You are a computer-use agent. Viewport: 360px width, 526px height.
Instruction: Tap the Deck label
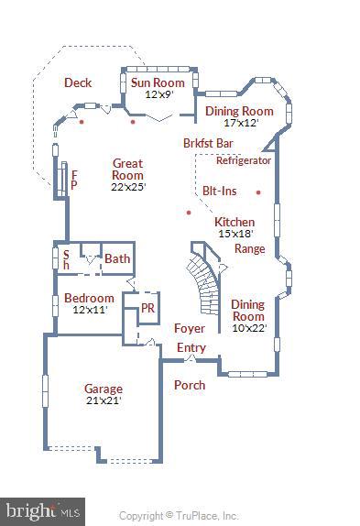78,82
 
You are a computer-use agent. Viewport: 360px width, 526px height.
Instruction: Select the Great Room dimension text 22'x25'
127,187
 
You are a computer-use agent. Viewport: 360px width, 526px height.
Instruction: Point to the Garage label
103,389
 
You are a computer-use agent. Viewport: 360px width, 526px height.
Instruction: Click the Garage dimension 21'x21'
103,400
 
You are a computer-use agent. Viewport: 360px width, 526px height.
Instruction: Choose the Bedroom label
89,298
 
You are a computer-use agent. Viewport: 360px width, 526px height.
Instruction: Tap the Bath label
117,259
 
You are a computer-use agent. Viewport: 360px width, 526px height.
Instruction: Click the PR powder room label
147,309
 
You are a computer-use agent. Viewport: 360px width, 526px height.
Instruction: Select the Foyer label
189,328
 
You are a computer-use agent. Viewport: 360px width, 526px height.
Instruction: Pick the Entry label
191,348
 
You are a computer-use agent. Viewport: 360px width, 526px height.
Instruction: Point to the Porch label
190,385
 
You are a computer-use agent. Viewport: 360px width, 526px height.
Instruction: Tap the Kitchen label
235,222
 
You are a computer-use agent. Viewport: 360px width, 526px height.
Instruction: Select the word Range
249,248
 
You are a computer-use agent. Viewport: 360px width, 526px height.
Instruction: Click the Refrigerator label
244,160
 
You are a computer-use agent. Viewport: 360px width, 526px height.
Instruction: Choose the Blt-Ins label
220,191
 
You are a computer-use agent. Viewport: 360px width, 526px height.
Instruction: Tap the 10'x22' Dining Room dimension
247,328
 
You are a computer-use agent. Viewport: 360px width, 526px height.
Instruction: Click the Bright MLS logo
44,509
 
